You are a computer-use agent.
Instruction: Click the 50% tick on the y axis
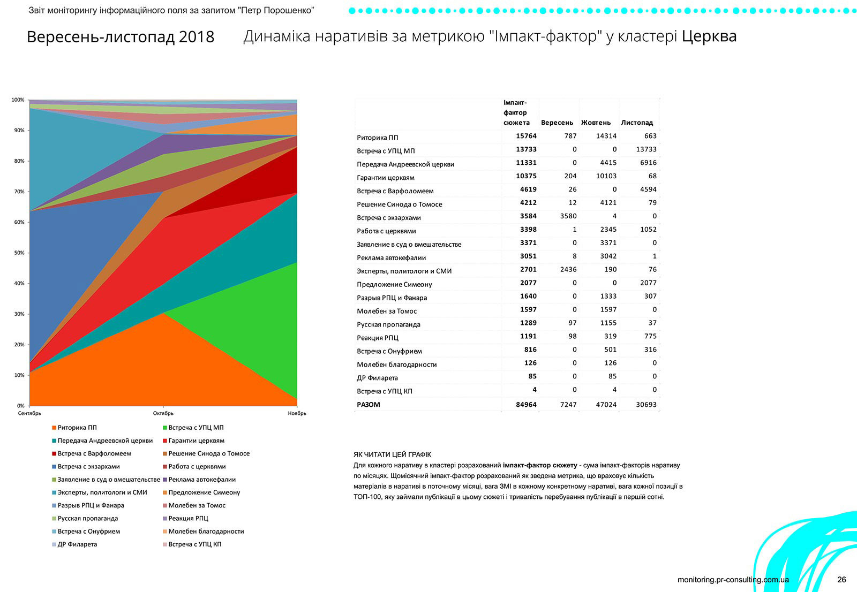(19, 253)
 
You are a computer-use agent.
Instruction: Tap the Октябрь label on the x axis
(163, 413)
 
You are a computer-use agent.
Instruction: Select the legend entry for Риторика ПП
(77, 428)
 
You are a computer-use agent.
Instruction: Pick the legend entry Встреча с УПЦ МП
(196, 428)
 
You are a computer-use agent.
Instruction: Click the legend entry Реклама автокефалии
(202, 480)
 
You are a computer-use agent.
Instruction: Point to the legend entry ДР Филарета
(77, 544)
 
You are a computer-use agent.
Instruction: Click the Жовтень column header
(596, 123)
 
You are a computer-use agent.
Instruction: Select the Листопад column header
(637, 123)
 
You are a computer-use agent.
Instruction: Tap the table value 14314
(606, 136)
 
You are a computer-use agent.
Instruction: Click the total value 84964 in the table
(526, 405)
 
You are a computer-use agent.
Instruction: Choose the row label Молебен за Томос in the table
(387, 311)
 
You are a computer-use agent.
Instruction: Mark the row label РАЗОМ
(369, 405)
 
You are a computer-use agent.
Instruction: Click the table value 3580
(568, 216)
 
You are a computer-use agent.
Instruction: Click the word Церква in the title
(709, 36)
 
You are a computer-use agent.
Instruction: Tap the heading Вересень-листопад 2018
(121, 37)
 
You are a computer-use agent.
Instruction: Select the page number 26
(841, 580)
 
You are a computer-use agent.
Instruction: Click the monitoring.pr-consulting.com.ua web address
(733, 580)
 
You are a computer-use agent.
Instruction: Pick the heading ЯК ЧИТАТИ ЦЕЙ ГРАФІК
(393, 454)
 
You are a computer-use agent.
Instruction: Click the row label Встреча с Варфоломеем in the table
(395, 191)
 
